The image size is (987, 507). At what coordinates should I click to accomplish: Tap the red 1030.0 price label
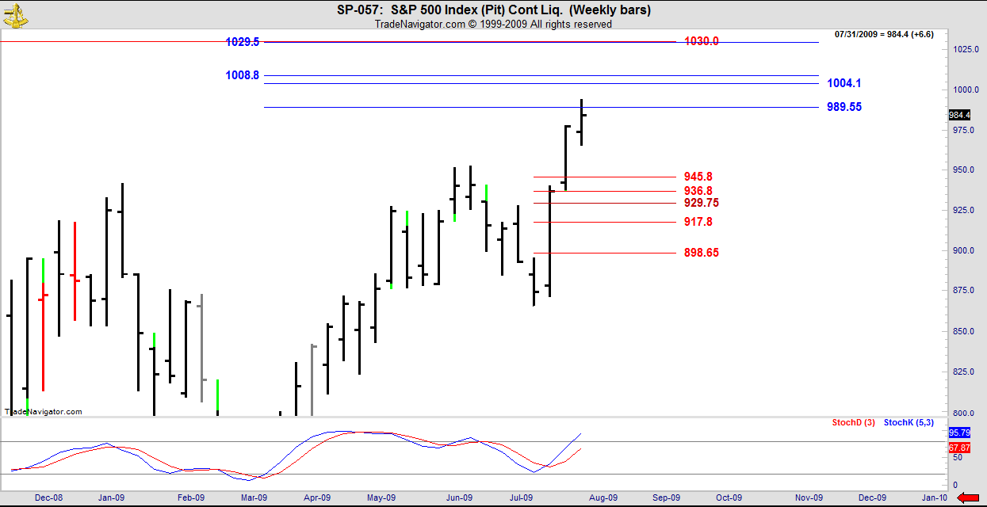pos(701,41)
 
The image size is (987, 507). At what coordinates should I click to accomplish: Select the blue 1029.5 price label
pos(243,41)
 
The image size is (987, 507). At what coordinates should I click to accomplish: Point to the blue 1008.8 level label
pos(243,75)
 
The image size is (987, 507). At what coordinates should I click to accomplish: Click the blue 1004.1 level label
pos(844,83)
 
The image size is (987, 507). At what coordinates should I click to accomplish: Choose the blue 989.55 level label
pos(844,107)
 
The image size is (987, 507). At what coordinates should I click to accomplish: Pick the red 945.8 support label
pos(698,177)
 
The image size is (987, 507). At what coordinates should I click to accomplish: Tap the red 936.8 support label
pos(698,191)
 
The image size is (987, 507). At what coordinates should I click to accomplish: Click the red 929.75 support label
pos(701,203)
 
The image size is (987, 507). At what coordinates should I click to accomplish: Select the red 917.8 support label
pos(698,222)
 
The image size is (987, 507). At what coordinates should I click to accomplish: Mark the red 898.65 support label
pos(701,253)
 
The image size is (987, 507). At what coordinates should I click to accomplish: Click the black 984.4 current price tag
pos(959,115)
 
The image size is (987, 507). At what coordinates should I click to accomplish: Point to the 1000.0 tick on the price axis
pos(963,90)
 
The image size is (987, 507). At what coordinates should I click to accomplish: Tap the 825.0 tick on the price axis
pos(963,372)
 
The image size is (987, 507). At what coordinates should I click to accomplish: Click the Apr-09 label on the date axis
pos(316,497)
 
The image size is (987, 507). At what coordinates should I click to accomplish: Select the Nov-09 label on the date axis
pos(808,497)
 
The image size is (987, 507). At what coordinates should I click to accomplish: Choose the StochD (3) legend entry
pos(853,423)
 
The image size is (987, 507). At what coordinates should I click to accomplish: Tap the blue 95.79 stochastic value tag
pos(959,433)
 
